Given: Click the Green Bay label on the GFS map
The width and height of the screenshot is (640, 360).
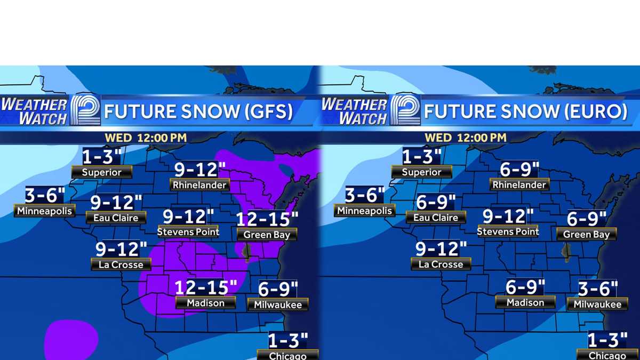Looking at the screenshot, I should (267, 235).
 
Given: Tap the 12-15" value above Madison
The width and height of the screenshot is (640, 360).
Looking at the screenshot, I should (206, 287).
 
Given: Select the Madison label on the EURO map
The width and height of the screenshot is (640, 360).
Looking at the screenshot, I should (525, 302).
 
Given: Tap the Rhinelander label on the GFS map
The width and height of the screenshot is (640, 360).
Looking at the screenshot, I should (200, 185).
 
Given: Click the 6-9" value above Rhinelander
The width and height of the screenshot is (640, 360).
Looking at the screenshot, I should (516, 170).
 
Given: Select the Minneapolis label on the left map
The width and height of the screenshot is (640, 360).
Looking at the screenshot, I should (44, 211).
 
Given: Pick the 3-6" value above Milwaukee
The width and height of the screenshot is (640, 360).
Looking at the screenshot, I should (598, 289).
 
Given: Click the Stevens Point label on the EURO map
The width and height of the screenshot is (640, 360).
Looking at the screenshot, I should (508, 231).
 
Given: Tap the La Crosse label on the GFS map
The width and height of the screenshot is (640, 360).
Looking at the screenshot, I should (121, 264).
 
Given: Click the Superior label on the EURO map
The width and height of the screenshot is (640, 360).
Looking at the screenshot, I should (421, 172).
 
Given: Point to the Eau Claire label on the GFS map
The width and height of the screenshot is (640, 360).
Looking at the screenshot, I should (116, 218).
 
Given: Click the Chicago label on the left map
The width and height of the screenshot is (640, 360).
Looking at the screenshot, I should (287, 355).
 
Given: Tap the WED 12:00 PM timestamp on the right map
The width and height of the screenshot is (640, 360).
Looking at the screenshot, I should (465, 138).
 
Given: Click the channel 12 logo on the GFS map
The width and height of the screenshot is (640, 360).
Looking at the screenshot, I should (85, 110).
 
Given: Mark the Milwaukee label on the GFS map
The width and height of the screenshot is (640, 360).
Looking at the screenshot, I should (278, 305).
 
